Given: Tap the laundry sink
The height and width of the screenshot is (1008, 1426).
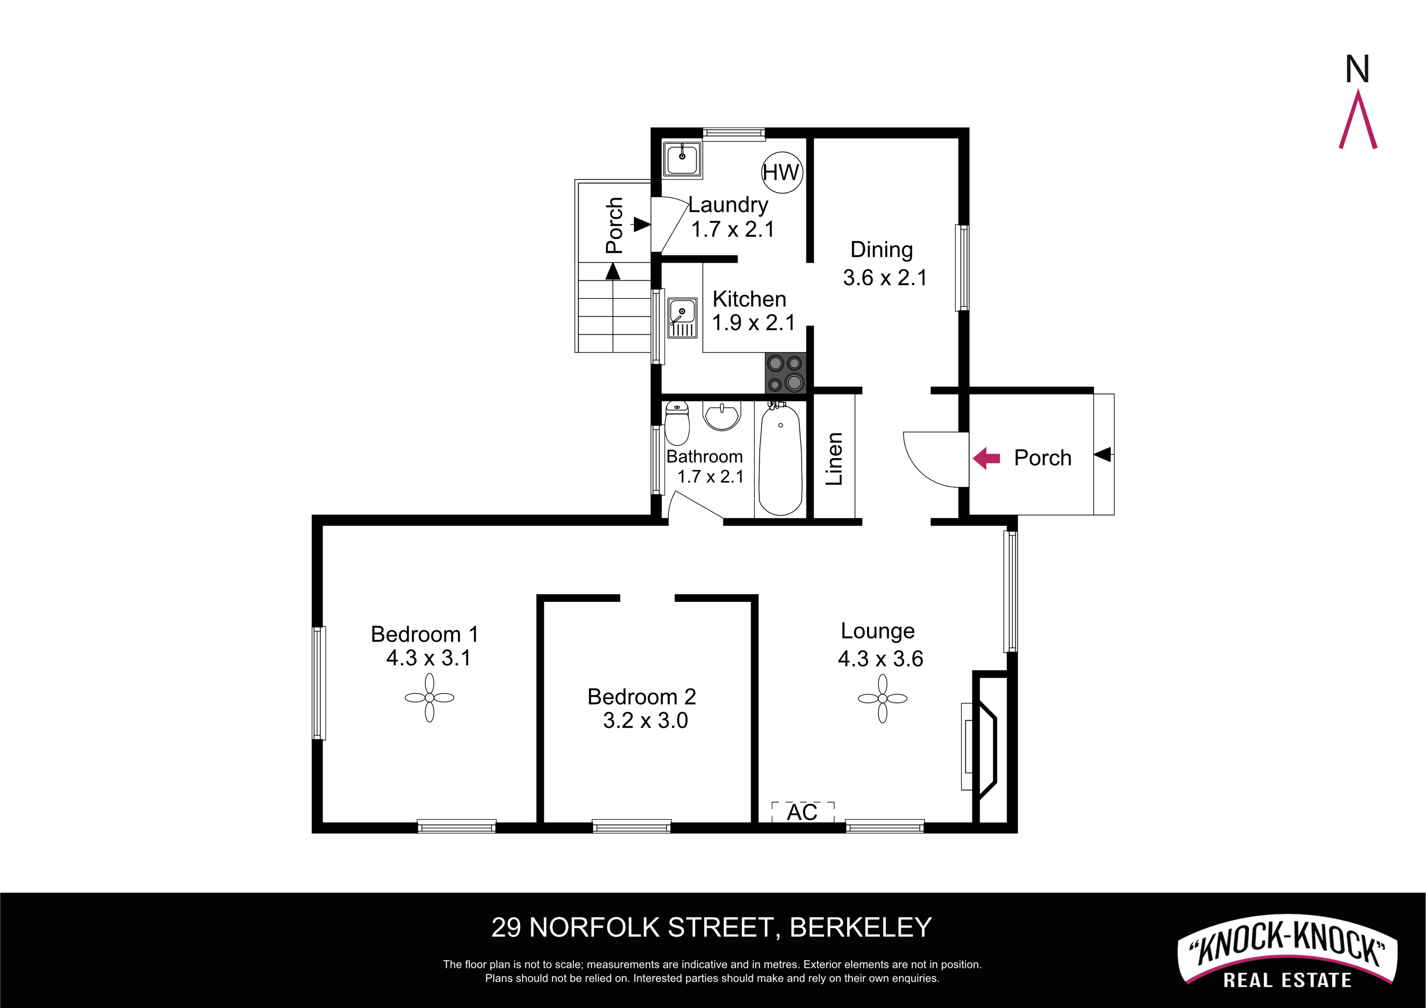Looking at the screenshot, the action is tap(682, 160).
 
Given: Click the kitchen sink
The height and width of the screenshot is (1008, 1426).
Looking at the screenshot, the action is tap(682, 317).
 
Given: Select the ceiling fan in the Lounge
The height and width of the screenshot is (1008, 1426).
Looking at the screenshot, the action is tap(883, 699).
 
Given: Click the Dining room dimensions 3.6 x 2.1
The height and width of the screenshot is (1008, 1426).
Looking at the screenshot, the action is tap(885, 278).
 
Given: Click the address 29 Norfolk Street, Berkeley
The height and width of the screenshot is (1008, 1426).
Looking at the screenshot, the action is tap(712, 927).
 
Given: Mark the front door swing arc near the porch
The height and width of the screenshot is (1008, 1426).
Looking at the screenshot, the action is tap(918, 469).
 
